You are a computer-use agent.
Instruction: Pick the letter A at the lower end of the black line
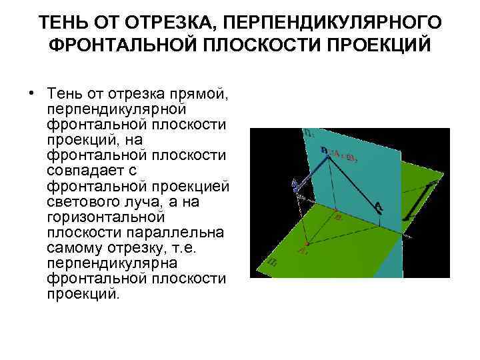click(379, 207)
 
